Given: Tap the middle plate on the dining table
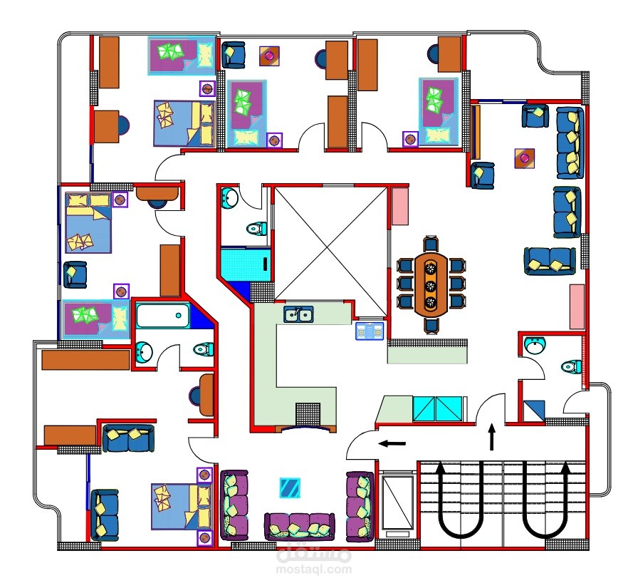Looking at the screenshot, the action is coord(431,285).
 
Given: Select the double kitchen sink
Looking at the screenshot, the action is coord(298,314).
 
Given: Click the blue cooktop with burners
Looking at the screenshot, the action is coord(370,331).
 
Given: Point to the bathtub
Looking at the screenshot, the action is coord(162,316).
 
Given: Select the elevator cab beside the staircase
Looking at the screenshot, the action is coord(397,502).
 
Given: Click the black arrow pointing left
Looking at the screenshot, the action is coord(392,443).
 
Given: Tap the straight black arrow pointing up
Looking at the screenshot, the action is coord(492,437).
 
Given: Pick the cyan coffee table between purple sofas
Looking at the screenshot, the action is coord(290,488).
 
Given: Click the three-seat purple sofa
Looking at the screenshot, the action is coord(300,526).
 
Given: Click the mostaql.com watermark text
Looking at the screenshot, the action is coord(314,569).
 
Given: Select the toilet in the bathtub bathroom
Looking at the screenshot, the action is coord(203,349).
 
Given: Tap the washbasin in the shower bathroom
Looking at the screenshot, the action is coord(229,197).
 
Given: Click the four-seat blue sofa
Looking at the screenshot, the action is coord(570,143).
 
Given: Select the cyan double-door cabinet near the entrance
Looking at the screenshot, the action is coord(437,409).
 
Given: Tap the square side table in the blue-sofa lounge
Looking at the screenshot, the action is coord(525,158).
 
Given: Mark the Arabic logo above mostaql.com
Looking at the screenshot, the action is coord(314,553).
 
